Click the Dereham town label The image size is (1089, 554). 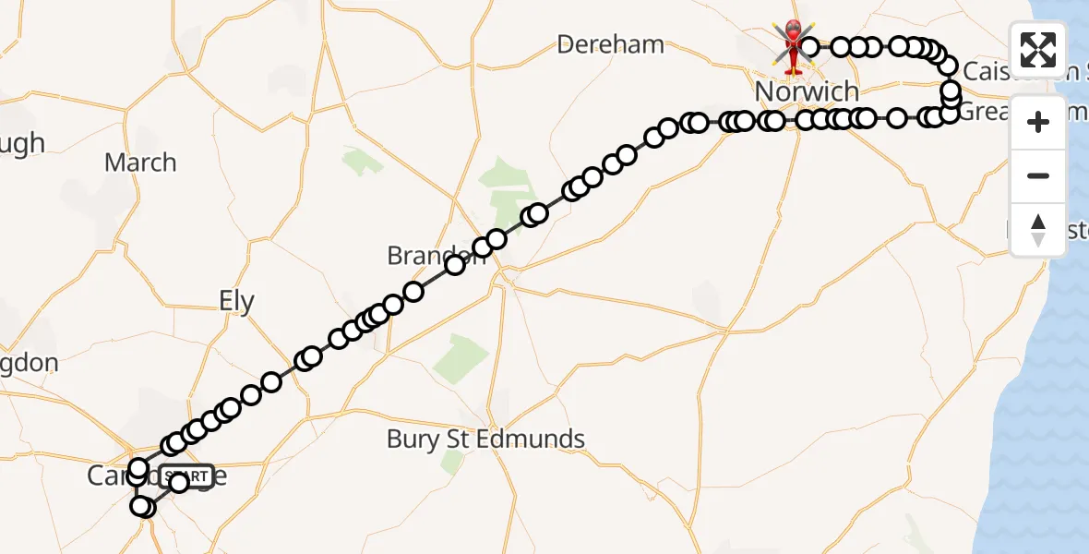(x=611, y=43)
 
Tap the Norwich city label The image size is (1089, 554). (x=807, y=91)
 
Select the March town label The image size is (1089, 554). (x=140, y=163)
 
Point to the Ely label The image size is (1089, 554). (x=236, y=301)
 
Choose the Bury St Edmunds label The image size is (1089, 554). (x=485, y=439)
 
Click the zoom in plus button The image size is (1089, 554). (x=1038, y=122)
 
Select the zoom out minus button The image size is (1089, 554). (x=1038, y=175)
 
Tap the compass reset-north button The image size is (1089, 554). (x=1038, y=230)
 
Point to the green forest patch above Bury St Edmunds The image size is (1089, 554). (x=461, y=355)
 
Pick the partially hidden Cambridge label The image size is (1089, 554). (x=111, y=476)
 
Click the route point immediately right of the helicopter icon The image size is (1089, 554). (x=809, y=46)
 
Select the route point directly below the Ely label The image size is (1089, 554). (x=270, y=382)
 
